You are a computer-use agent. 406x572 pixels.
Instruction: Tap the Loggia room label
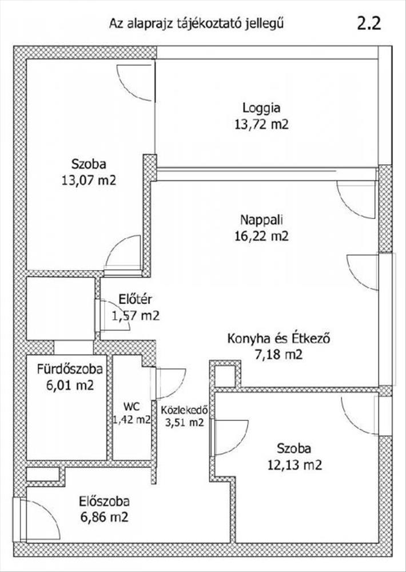pyautogui.click(x=261, y=108)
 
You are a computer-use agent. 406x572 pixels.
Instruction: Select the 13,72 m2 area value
pyautogui.click(x=261, y=125)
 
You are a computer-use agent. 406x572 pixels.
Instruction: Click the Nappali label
pyautogui.click(x=261, y=220)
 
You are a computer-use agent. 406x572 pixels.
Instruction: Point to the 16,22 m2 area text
pyautogui.click(x=261, y=236)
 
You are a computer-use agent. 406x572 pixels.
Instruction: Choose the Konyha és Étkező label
pyautogui.click(x=279, y=339)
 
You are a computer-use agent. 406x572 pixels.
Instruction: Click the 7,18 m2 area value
pyautogui.click(x=279, y=354)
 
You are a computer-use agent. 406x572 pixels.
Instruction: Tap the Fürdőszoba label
pyautogui.click(x=70, y=369)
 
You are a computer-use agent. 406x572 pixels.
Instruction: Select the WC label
pyautogui.click(x=131, y=406)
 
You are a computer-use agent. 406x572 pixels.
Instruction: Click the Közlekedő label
pyautogui.click(x=185, y=410)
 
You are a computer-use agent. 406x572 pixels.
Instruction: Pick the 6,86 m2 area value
pyautogui.click(x=104, y=517)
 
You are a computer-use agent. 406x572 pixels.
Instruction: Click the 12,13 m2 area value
pyautogui.click(x=294, y=464)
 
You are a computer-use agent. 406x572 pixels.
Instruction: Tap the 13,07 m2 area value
pyautogui.click(x=89, y=180)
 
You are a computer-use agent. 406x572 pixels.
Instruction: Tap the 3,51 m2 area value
pyautogui.click(x=185, y=423)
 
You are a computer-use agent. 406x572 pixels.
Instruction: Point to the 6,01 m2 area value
pyautogui.click(x=70, y=385)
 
